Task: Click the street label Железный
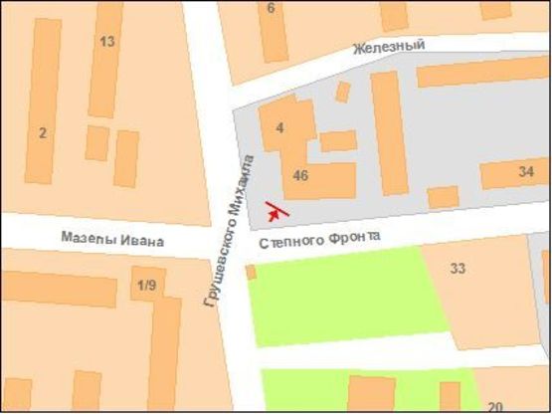388,46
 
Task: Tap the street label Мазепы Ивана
112,240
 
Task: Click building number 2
43,133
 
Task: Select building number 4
280,127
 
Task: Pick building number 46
301,176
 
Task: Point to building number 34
526,172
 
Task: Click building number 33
459,268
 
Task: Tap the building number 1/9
146,286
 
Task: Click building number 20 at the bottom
495,405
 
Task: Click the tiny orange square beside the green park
251,272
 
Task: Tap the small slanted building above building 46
342,92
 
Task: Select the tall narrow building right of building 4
390,132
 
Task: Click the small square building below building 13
96,142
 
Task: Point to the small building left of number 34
443,196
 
